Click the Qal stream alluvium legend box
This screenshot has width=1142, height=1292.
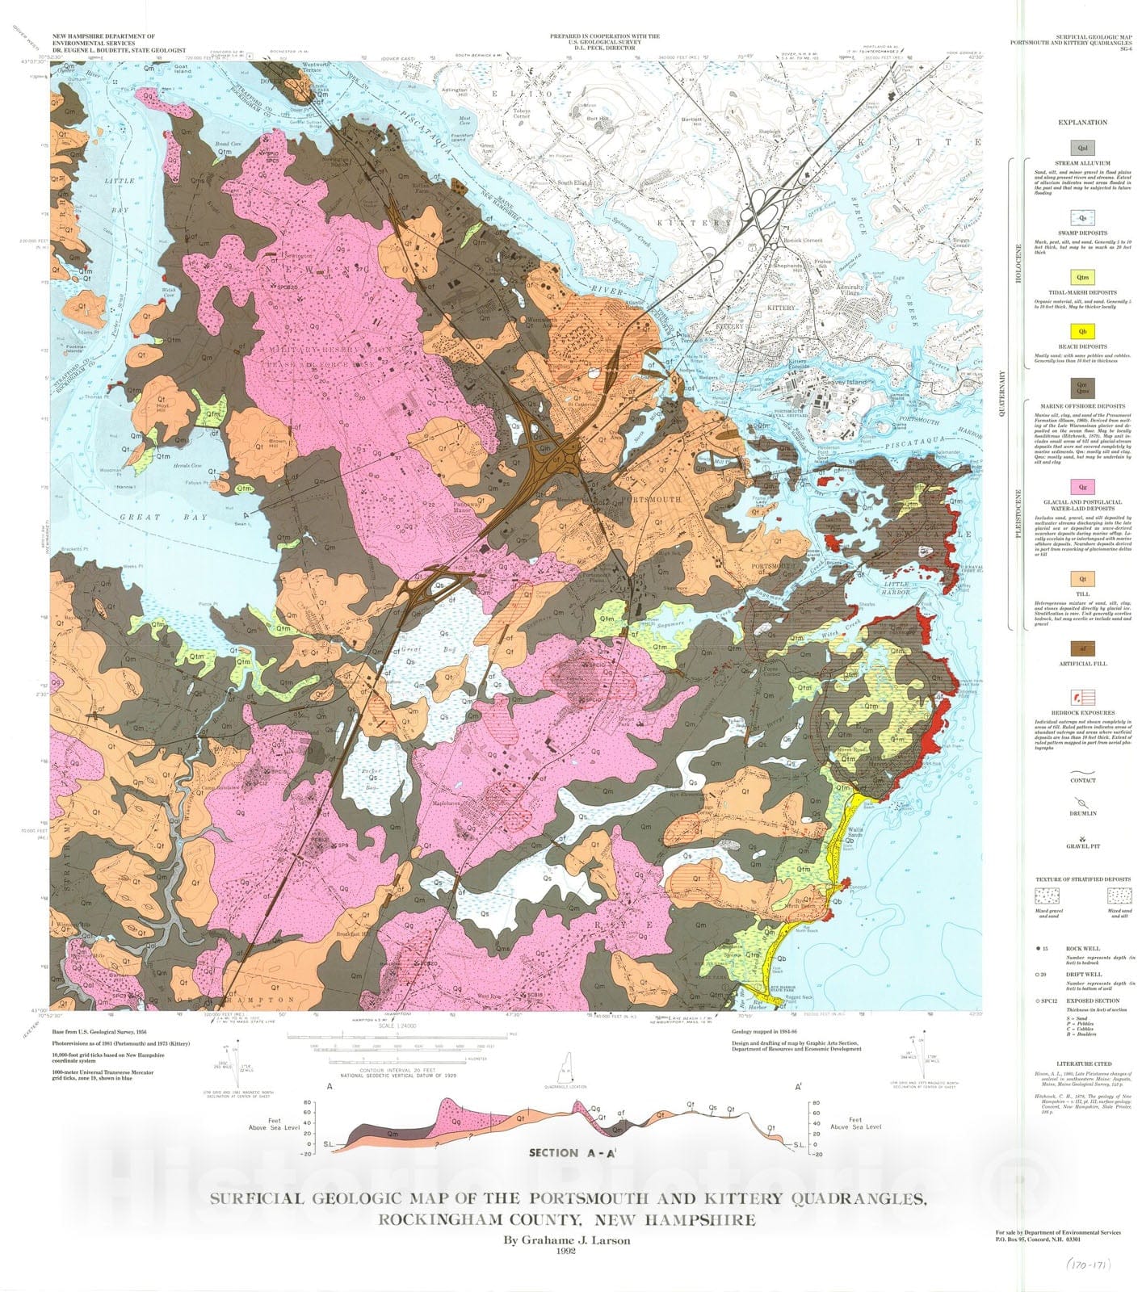pyautogui.click(x=1082, y=148)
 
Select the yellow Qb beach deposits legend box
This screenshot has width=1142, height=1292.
pyautogui.click(x=1082, y=332)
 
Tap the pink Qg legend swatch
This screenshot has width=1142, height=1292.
pyautogui.click(x=1082, y=487)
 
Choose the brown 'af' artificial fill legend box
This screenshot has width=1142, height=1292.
pyautogui.click(x=1082, y=648)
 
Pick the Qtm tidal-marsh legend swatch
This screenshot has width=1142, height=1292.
pyautogui.click(x=1082, y=277)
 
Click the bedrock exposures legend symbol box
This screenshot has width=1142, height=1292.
pyautogui.click(x=1082, y=697)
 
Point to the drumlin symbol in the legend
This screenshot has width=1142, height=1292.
pyautogui.click(x=1082, y=804)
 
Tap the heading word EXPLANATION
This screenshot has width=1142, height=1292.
pyautogui.click(x=1082, y=123)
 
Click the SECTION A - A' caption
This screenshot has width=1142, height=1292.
pyautogui.click(x=565, y=1152)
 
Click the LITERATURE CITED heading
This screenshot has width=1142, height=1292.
pyautogui.click(x=1082, y=1063)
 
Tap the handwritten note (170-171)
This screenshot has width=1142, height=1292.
pyautogui.click(x=1086, y=1265)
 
